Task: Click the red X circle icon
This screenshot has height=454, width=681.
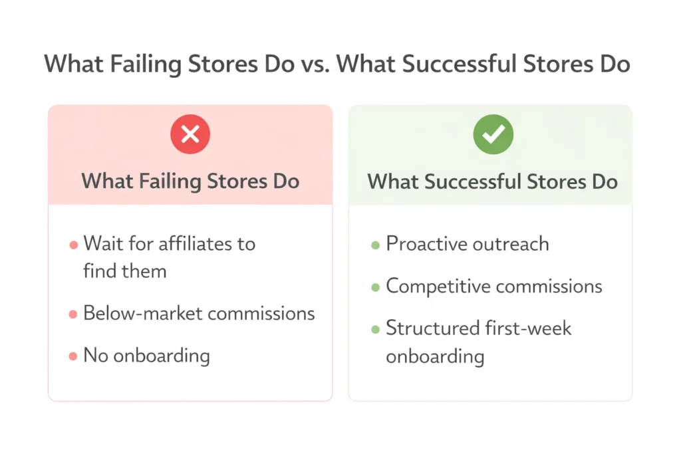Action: (190, 136)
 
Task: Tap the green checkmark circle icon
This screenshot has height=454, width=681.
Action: (492, 136)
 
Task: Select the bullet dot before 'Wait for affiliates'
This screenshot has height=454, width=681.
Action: (73, 245)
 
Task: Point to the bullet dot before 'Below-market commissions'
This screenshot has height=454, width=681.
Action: (73, 314)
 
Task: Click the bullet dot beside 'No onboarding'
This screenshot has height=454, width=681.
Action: (73, 357)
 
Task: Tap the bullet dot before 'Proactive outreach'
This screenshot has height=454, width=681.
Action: (376, 245)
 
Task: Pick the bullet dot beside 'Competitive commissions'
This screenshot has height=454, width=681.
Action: (376, 288)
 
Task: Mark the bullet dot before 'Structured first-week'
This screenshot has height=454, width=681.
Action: (376, 330)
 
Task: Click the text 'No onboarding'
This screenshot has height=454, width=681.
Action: (146, 356)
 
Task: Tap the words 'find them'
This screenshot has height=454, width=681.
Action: (125, 271)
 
